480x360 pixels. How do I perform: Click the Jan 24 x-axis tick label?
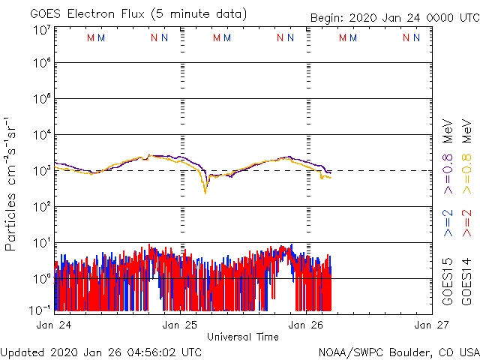point(54,325)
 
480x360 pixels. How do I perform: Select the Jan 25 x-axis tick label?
point(181,325)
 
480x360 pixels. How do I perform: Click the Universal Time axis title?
point(243,337)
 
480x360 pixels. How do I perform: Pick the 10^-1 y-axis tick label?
point(40,309)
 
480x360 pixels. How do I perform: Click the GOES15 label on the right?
point(448,284)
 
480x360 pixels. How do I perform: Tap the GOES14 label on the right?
point(467,284)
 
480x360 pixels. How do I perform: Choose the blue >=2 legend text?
point(448,223)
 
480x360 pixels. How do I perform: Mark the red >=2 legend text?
point(467,223)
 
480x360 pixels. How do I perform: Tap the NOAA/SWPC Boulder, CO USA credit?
point(398,352)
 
